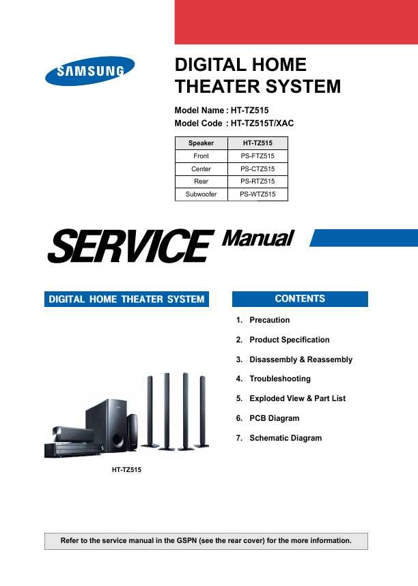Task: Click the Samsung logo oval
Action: [x=89, y=71]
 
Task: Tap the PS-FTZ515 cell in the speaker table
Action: [x=257, y=156]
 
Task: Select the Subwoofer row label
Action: [x=201, y=194]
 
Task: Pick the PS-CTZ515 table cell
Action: [x=257, y=169]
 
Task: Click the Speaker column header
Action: [x=201, y=143]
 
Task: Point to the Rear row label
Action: [x=201, y=181]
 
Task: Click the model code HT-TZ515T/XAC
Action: [x=262, y=123]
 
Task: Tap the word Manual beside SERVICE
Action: [x=258, y=239]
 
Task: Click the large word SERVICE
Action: [x=130, y=246]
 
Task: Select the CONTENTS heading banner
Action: [x=300, y=299]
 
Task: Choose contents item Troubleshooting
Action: [x=280, y=379]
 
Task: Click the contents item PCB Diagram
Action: [x=275, y=418]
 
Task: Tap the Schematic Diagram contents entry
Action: [x=285, y=438]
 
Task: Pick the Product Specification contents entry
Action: [x=290, y=340]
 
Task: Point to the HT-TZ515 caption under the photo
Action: [x=126, y=470]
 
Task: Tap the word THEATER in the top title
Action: [x=215, y=87]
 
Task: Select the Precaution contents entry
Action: [x=269, y=320]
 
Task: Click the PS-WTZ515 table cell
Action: [x=257, y=194]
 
